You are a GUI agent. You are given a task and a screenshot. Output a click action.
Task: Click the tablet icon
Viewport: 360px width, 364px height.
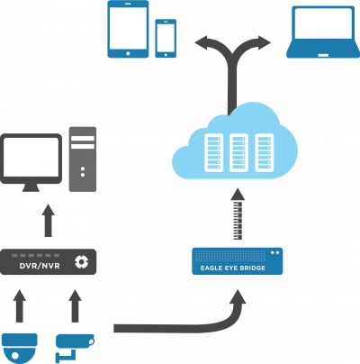(128, 29)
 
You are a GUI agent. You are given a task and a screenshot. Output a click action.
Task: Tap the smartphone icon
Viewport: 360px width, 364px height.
(166, 39)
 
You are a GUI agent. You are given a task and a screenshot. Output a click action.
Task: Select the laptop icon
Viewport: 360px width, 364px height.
(323, 32)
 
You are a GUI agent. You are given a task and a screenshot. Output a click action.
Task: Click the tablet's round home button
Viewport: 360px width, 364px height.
(128, 53)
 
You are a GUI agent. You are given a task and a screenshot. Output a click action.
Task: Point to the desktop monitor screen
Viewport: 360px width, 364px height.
(31, 158)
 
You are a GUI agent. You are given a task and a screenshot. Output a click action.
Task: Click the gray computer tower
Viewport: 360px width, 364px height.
(83, 159)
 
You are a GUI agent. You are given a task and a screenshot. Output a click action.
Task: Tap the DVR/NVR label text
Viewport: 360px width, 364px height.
(40, 266)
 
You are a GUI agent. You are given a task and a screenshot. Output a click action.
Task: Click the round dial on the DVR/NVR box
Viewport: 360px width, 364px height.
(81, 262)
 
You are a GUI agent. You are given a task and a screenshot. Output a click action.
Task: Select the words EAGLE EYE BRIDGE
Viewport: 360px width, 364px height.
(233, 268)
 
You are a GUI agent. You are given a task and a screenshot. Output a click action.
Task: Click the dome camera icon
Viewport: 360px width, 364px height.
(20, 347)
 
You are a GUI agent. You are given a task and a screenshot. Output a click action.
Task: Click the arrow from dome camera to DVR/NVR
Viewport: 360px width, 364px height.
(20, 306)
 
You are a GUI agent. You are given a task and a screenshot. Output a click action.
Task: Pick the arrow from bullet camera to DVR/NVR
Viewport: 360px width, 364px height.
(75, 306)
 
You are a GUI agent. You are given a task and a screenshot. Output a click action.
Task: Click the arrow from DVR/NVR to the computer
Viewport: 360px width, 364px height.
(48, 221)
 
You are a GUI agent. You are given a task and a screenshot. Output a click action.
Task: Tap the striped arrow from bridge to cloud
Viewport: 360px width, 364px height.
(238, 214)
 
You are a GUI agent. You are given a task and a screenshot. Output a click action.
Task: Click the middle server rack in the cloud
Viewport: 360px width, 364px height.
(238, 152)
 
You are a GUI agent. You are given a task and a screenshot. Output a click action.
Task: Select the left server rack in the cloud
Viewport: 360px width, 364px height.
(213, 152)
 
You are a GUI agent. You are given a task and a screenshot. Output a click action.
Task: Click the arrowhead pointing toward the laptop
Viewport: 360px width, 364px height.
(264, 42)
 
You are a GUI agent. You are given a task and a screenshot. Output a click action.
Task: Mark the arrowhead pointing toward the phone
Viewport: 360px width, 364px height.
(202, 42)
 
